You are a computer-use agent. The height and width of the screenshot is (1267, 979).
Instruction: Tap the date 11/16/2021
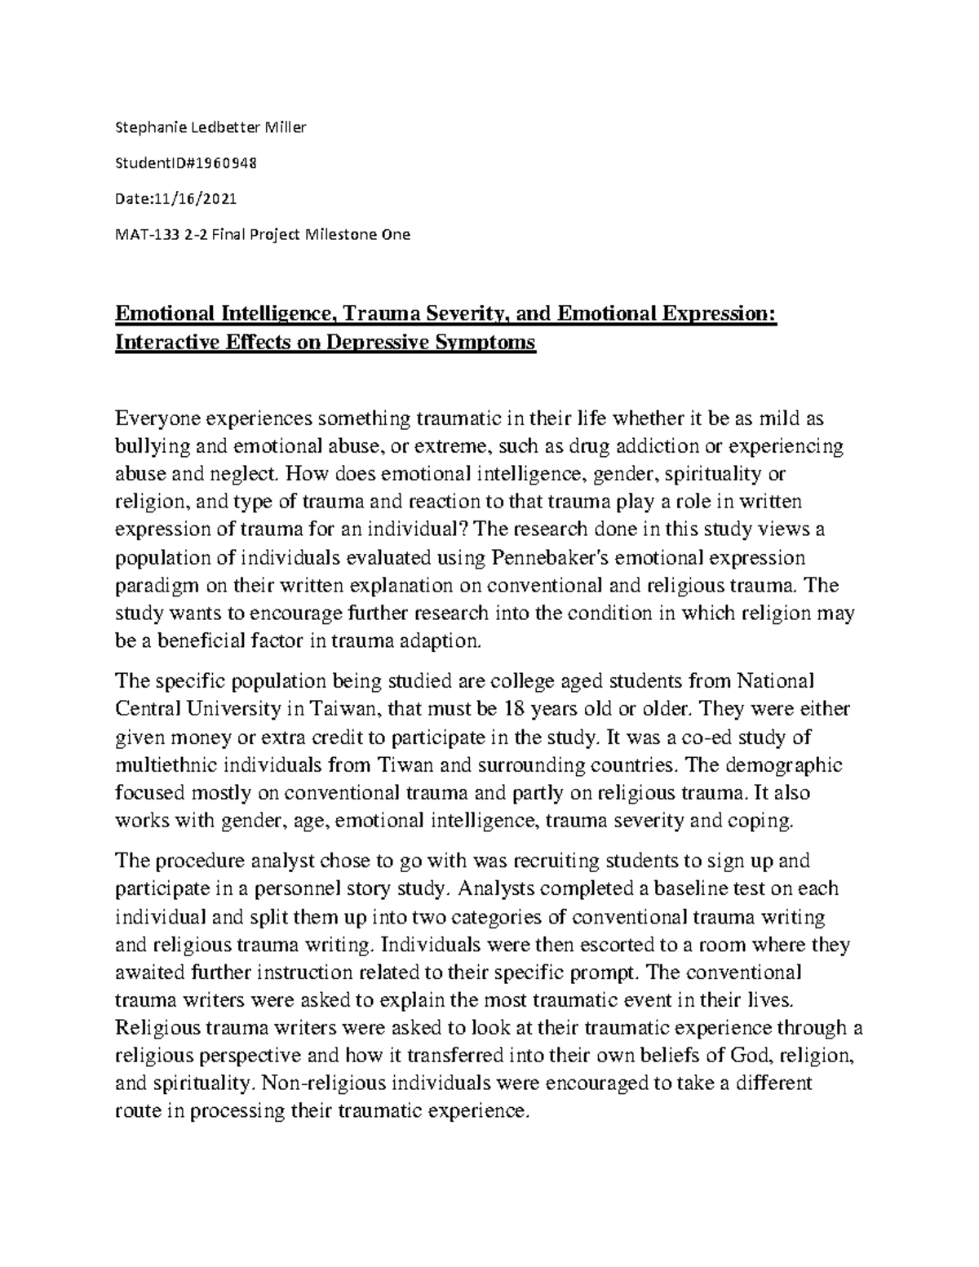194,198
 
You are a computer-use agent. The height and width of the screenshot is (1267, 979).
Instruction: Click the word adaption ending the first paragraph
447,641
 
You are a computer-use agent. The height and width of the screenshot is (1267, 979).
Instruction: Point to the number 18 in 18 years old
514,708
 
